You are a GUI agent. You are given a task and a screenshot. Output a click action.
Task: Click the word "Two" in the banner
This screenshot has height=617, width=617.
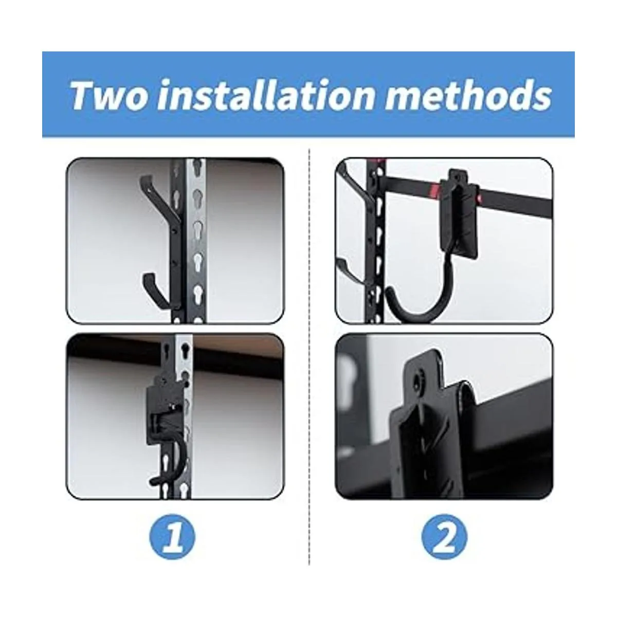pos(110,95)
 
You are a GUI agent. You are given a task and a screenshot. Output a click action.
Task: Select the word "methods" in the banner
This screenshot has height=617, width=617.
pos(468,95)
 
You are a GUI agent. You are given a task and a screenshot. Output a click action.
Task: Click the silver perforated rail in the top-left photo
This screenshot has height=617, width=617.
pos(196,240)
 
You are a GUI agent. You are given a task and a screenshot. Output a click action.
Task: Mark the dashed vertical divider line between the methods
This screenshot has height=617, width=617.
pos(309,356)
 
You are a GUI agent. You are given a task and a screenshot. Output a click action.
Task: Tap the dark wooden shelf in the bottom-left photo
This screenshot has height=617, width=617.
pos(174,351)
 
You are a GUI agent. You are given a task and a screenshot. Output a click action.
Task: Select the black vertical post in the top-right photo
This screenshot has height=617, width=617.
pos(375,240)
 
